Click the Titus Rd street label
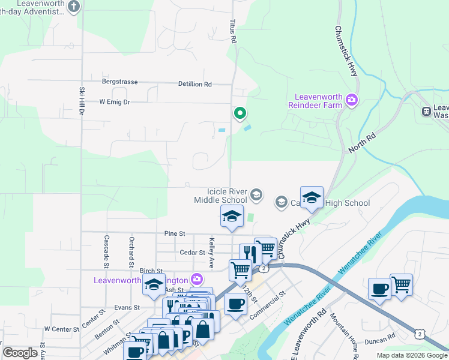[234, 31]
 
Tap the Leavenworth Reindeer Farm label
[319, 101]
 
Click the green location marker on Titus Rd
[240, 113]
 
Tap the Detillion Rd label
[194, 85]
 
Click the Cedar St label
[192, 253]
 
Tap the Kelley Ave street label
[211, 252]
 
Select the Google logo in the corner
[20, 353]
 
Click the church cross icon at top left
[73, 7]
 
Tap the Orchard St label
[131, 251]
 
